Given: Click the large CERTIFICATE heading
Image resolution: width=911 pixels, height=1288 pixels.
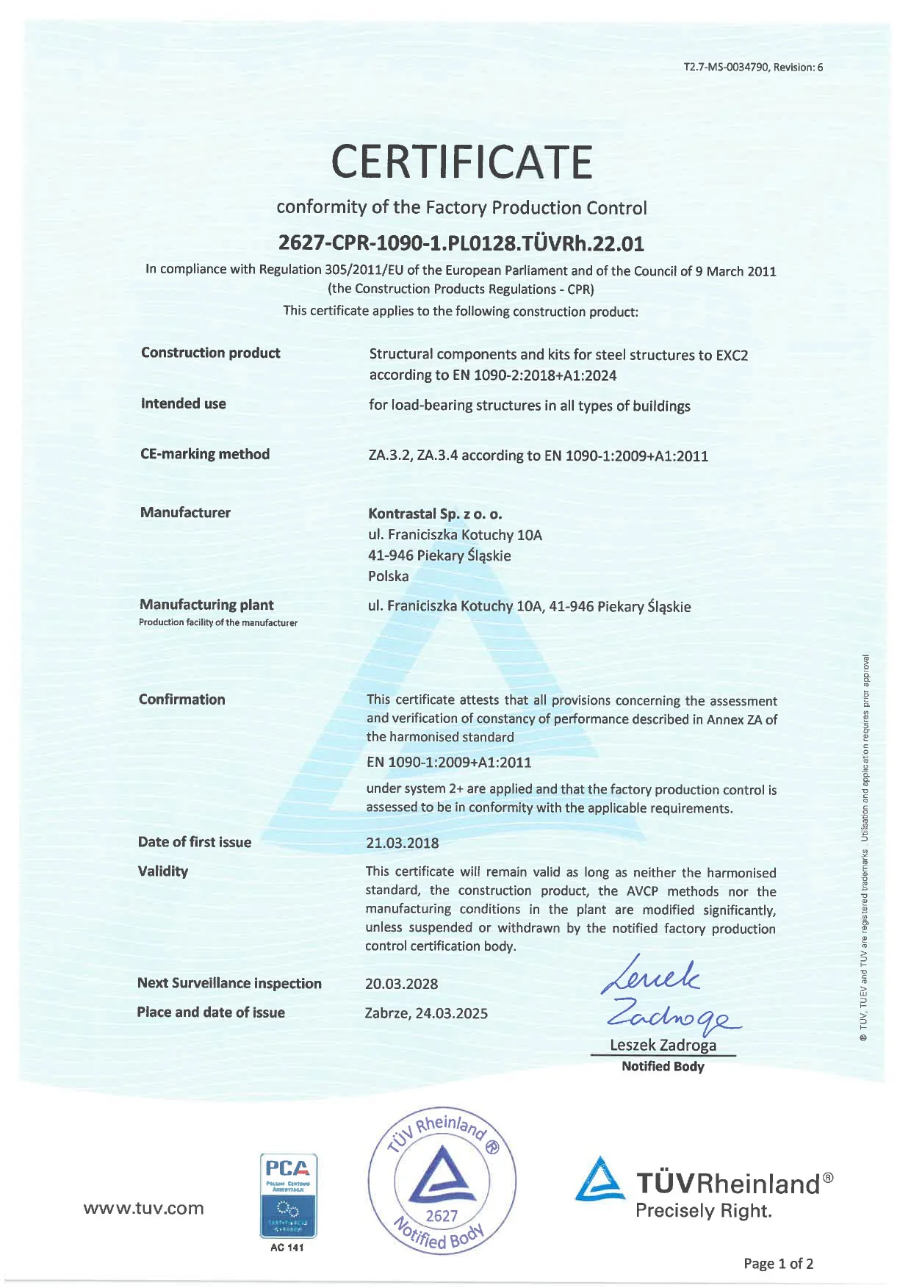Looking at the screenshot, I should coord(461,162).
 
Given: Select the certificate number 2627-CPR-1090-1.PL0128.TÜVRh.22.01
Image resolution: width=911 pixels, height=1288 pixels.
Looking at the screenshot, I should coord(461,242).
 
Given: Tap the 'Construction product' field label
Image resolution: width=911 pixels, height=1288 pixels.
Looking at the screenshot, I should coord(210,353).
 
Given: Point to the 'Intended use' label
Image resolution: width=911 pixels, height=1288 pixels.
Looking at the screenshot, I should coord(183,403).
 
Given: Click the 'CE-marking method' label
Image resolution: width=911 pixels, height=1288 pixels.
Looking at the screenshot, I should coord(204,454).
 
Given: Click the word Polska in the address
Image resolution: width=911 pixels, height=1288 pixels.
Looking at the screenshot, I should coord(388,576).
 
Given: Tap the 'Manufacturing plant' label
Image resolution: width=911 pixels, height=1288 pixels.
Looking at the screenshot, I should coord(206,605).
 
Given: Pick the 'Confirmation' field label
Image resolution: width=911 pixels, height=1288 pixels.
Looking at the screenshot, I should coord(181,699).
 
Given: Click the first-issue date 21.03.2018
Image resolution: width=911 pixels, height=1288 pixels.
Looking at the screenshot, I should coord(402,843).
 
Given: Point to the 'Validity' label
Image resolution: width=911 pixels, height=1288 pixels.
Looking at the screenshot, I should coord(162,871).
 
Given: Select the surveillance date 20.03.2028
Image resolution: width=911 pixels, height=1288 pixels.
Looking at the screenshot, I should coord(401,984).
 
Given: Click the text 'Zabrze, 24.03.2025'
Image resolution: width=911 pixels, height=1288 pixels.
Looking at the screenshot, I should coord(426,1013).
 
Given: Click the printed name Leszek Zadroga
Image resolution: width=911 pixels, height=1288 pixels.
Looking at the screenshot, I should coord(663,1045).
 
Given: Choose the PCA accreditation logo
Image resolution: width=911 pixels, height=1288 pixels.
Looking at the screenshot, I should coord(288,1196).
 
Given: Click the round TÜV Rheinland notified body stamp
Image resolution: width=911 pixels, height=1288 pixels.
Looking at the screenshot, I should coord(442,1180).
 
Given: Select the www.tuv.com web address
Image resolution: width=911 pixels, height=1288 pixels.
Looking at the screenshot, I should coord(144,1209).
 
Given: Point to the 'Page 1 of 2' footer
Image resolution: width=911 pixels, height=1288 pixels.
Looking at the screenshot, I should coord(778,1264).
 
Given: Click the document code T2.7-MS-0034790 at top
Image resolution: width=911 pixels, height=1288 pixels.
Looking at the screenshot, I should coord(753,67).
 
